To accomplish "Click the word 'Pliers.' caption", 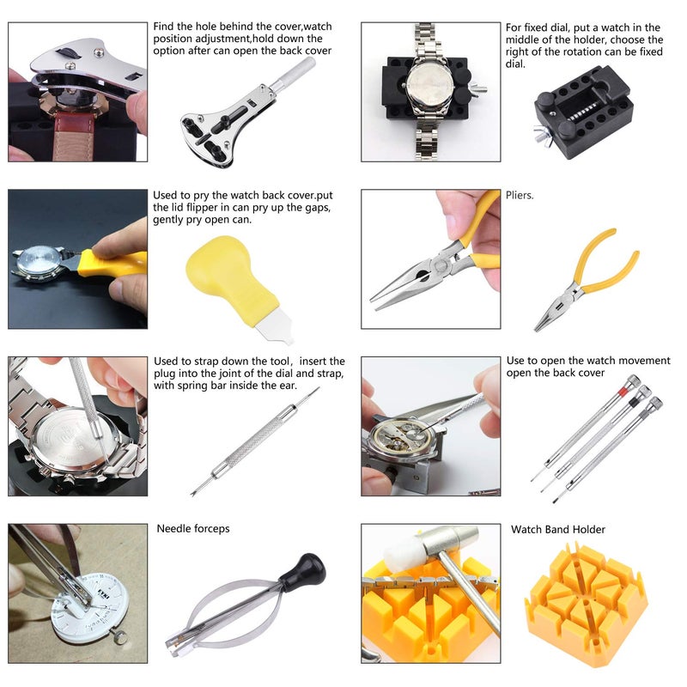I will [x=520, y=196].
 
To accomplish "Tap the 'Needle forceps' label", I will [x=193, y=529].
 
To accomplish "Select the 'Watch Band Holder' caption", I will [x=557, y=530].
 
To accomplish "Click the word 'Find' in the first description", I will [x=167, y=27].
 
